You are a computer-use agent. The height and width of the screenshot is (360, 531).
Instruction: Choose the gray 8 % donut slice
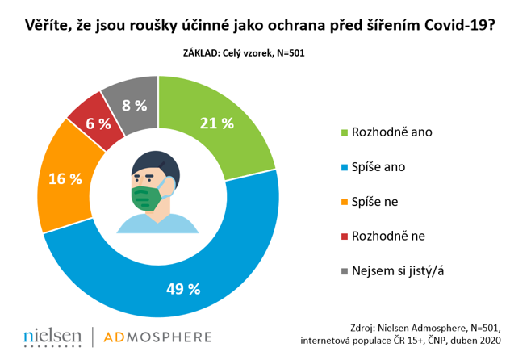133,103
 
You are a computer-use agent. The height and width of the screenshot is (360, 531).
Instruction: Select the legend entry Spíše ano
375,166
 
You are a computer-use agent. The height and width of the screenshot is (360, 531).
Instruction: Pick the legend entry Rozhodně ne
384,236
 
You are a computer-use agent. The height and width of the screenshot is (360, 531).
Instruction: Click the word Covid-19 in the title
447,25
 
